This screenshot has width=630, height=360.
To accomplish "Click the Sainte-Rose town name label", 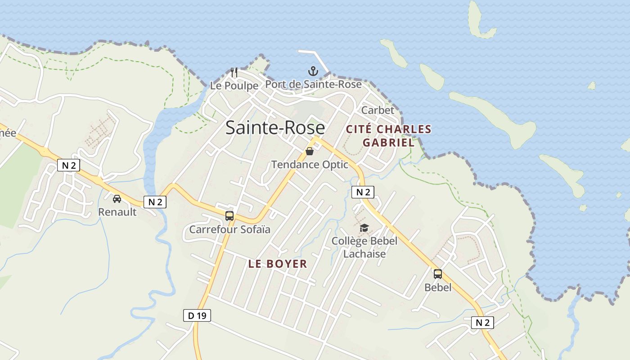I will tap(275, 127).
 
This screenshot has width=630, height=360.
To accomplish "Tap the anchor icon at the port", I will tap(313, 71).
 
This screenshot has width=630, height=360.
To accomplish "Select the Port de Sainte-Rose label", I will tap(313, 84).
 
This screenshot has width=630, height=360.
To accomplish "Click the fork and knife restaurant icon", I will tap(234, 72).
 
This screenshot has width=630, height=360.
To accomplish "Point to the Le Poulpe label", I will tap(234, 85).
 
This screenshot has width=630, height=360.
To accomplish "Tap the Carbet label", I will tap(378, 110).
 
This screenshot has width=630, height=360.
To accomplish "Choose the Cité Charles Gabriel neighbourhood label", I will tap(388, 136).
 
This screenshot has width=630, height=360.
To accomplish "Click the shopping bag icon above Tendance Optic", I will tap(310, 151).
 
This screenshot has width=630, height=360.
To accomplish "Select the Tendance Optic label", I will tap(310, 165).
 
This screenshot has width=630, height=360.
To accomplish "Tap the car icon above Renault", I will tap(117, 198).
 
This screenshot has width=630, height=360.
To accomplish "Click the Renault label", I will tap(117, 212).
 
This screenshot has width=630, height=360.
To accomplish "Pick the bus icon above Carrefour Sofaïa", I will tap(229, 216).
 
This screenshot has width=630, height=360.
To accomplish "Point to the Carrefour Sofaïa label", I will tap(229, 229).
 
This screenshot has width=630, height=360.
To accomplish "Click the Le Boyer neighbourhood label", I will tap(278, 264).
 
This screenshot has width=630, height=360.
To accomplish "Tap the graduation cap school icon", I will tap(364, 228).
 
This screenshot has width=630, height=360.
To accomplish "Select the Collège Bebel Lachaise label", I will tap(364, 247).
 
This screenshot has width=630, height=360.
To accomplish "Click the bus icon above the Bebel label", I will tap(438, 274).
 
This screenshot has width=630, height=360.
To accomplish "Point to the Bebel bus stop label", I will tap(438, 287).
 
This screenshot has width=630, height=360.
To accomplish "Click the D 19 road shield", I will tap(197, 315).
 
